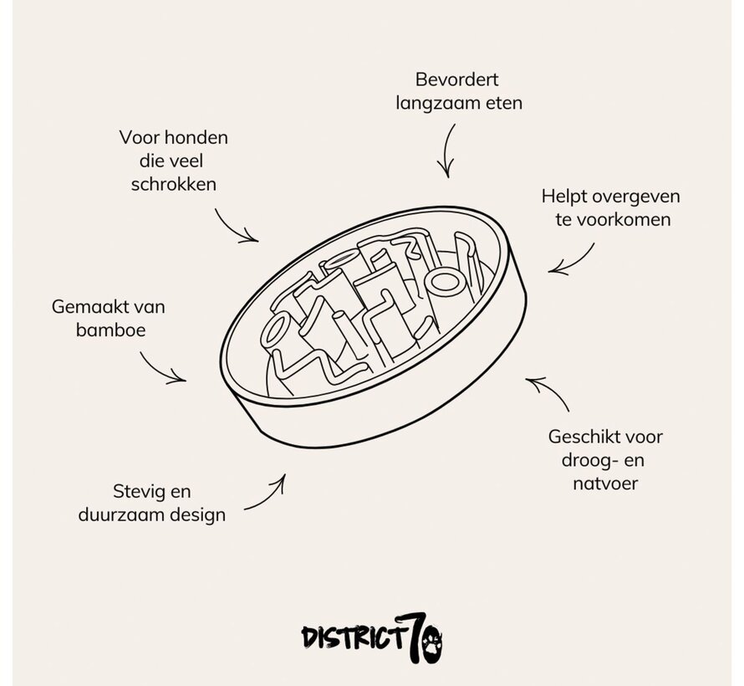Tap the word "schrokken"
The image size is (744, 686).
[173, 184]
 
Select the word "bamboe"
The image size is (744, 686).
[110, 330]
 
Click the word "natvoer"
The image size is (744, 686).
[605, 483]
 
